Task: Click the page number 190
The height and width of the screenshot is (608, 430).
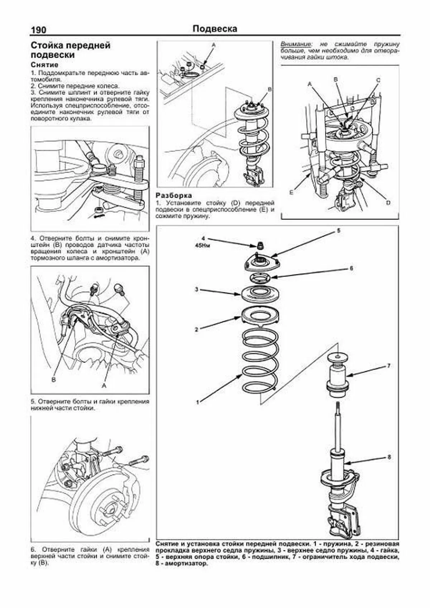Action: point(38,30)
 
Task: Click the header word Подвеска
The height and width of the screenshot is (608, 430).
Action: point(215,29)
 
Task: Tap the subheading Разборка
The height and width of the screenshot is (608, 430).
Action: point(174,196)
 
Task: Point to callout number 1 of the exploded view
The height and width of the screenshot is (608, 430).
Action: point(197,402)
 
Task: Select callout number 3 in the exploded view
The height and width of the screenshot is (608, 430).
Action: point(197,289)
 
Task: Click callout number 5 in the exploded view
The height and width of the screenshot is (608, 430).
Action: point(338,231)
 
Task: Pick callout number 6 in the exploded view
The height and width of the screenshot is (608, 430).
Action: point(352,268)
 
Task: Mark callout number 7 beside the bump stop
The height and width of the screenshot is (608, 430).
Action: point(388,366)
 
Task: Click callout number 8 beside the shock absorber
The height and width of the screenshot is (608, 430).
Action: point(389,457)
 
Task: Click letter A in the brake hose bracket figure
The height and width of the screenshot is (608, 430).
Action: point(104,386)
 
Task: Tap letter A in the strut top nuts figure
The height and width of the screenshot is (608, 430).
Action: point(214,45)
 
